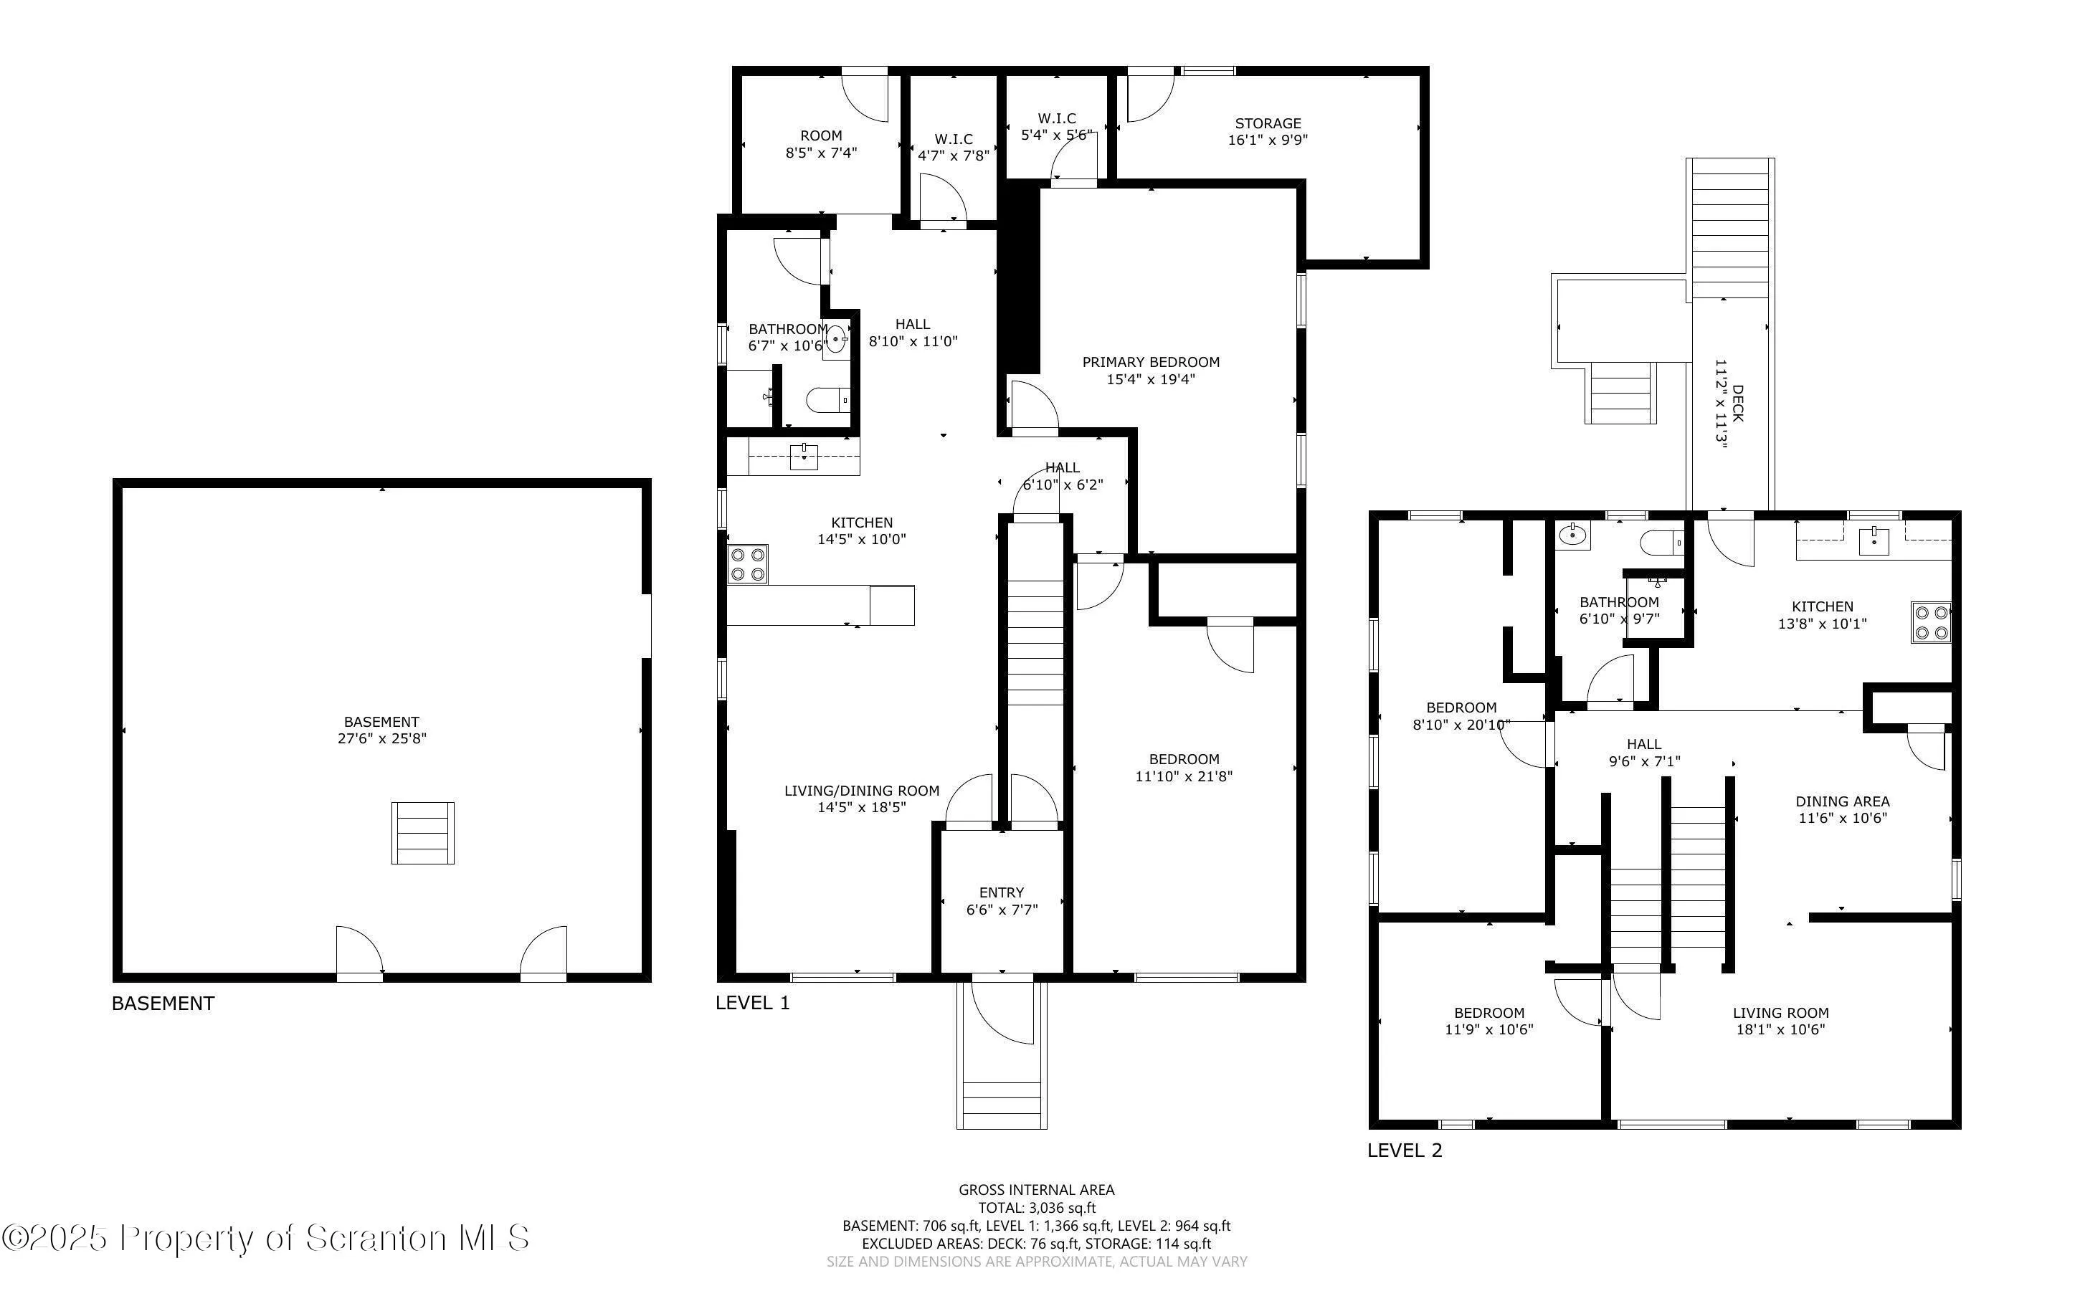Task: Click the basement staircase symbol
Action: [422, 832]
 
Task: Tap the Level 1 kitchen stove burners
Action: [747, 565]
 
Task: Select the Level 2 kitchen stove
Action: [1932, 623]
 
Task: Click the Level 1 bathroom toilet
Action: [828, 399]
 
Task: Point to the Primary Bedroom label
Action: [1150, 362]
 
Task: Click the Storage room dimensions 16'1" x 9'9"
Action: [1268, 140]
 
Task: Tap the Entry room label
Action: [1001, 892]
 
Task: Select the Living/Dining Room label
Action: [861, 790]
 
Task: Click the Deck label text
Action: [1737, 403]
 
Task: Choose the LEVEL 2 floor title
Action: [1405, 1150]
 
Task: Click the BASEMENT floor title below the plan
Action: [163, 1003]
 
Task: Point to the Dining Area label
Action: [1843, 801]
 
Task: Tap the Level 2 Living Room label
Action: [1780, 1012]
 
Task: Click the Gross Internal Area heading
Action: [1036, 1190]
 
